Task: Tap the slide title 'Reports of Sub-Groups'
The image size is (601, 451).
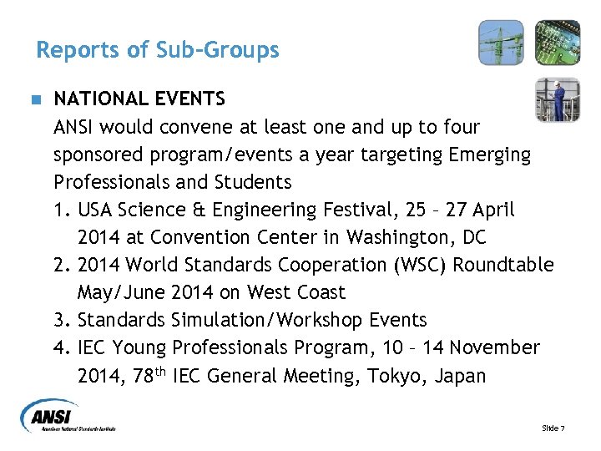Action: pos(158,50)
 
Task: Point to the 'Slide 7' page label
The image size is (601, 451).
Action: pos(553,428)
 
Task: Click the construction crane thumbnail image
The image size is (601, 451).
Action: pos(500,43)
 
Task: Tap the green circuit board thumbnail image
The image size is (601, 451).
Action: pos(557,43)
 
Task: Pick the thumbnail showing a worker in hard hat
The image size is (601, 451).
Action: pos(557,99)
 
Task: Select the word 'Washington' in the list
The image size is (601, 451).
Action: pos(396,237)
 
